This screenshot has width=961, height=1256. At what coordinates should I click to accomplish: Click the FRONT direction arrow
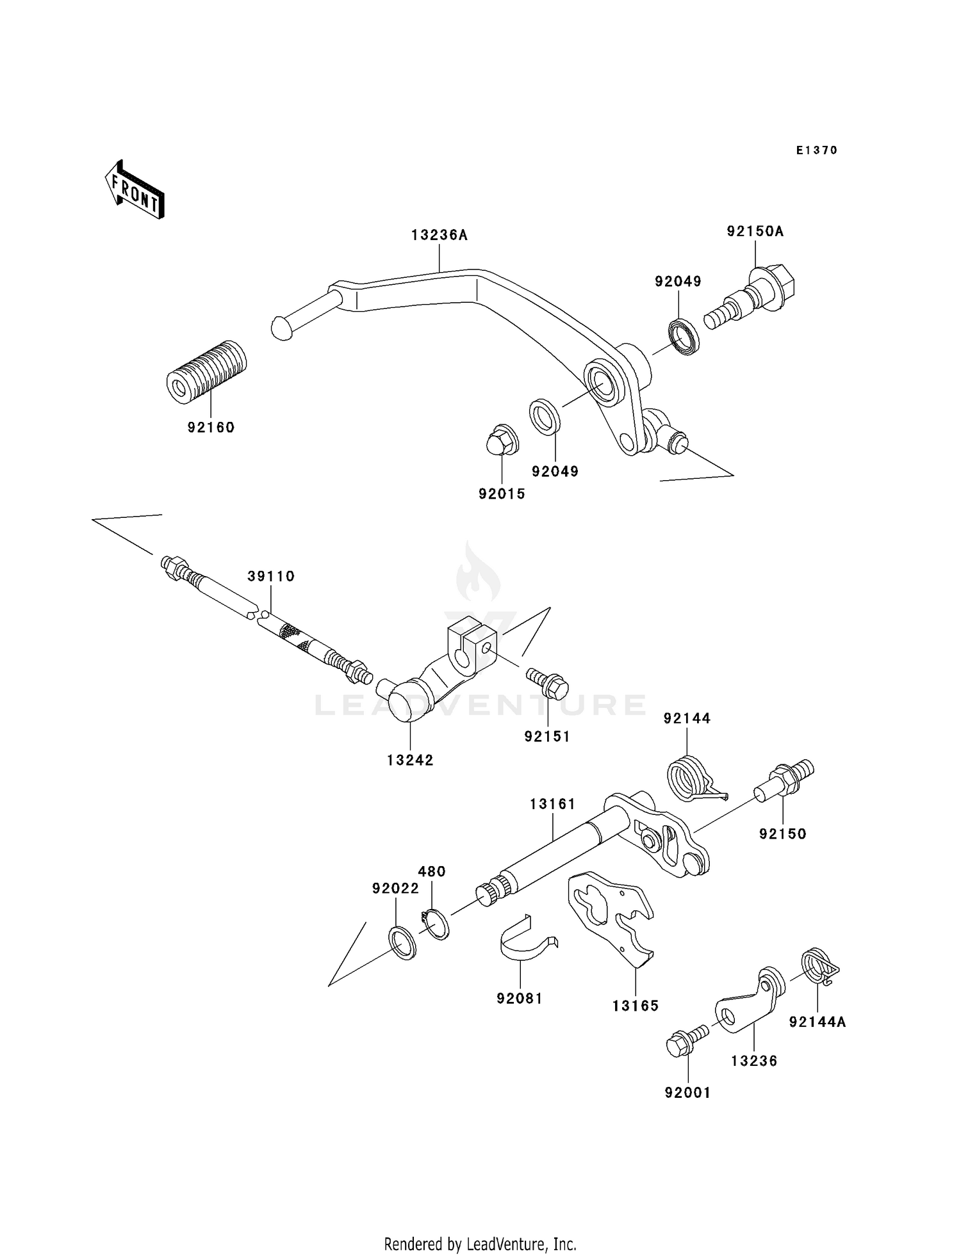coord(135,191)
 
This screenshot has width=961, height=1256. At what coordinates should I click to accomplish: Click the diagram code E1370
coord(816,150)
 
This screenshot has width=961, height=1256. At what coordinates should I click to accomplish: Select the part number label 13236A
coord(439,235)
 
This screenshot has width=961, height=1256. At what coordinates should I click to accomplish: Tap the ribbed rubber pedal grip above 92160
coord(206,372)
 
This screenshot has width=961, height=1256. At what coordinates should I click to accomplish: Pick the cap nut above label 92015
coord(500,440)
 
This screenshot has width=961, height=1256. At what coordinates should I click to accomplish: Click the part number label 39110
coord(271,576)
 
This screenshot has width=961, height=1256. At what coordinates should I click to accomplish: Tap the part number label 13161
coord(552,803)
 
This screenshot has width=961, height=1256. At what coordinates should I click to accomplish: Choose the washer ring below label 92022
coord(403,942)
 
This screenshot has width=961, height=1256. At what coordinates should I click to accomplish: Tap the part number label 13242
coord(410,760)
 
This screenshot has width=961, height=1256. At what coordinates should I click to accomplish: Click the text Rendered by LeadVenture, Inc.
coord(480,1244)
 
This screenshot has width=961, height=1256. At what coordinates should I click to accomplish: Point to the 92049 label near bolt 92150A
coord(677,281)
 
